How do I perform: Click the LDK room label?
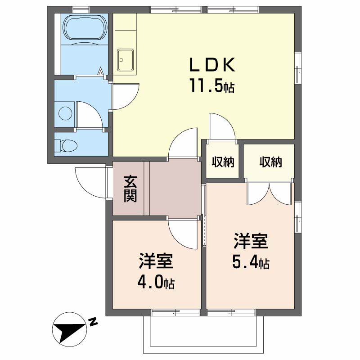(212, 65)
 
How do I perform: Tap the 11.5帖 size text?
(211, 85)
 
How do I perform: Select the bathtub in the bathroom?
(85, 28)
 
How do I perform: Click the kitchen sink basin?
(125, 60)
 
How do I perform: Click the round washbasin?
(65, 113)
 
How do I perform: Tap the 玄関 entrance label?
(130, 189)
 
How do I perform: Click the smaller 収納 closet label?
(223, 162)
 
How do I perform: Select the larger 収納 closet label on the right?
(270, 162)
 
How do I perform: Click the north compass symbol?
(70, 329)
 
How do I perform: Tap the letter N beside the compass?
(93, 322)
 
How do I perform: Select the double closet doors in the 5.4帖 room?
(270, 193)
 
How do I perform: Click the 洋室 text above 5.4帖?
(251, 241)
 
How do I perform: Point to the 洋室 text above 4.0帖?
(156, 261)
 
